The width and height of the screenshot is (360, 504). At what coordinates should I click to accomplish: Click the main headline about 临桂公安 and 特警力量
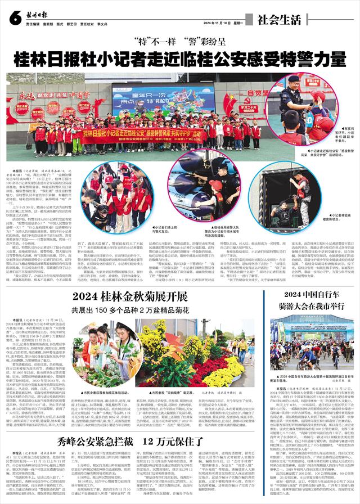180,58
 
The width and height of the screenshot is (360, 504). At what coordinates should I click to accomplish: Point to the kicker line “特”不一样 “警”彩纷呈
179,42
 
